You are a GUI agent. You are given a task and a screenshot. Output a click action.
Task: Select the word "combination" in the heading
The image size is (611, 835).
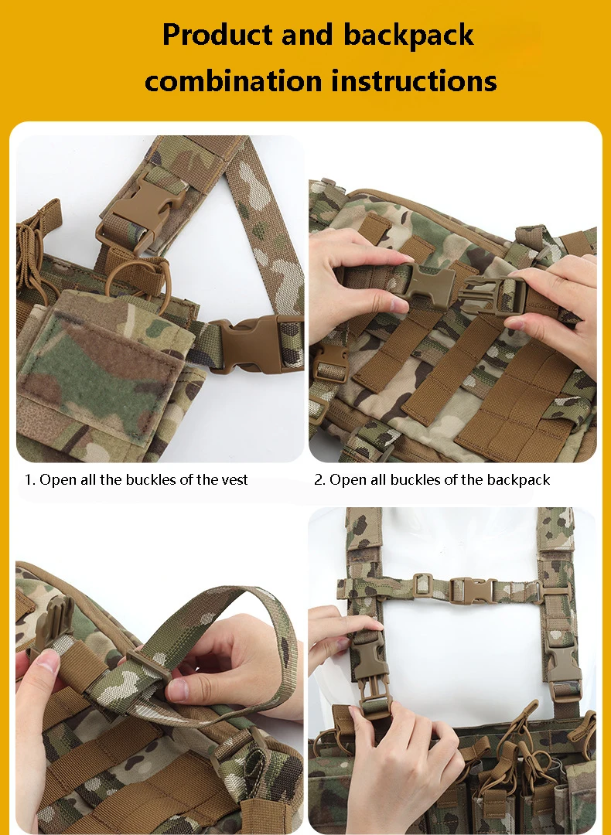(x=234, y=81)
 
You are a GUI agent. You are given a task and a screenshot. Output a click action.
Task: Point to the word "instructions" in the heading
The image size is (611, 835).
(x=414, y=81)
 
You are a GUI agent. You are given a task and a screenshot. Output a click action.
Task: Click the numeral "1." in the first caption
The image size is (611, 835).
(x=30, y=480)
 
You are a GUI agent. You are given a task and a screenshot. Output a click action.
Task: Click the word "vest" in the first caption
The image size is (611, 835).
(x=235, y=480)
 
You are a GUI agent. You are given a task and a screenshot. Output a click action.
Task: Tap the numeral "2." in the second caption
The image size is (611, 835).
(x=319, y=480)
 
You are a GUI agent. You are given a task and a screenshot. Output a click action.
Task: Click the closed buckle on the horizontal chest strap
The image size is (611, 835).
(x=473, y=590)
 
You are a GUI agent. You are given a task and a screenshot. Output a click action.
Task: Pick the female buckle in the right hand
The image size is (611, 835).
(x=493, y=295)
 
